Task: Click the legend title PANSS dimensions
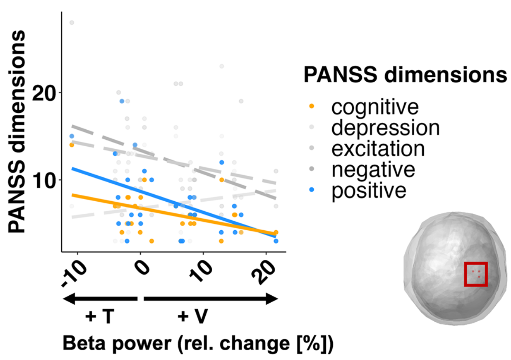coord(405,75)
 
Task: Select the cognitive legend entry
coord(375,107)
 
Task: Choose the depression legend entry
coord(385,128)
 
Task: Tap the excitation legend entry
coord(378,149)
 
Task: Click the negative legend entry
coord(373,170)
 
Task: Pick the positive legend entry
coord(369,191)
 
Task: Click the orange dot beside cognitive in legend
coord(312,107)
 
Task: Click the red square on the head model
coord(476,274)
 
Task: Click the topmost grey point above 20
coord(72,23)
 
